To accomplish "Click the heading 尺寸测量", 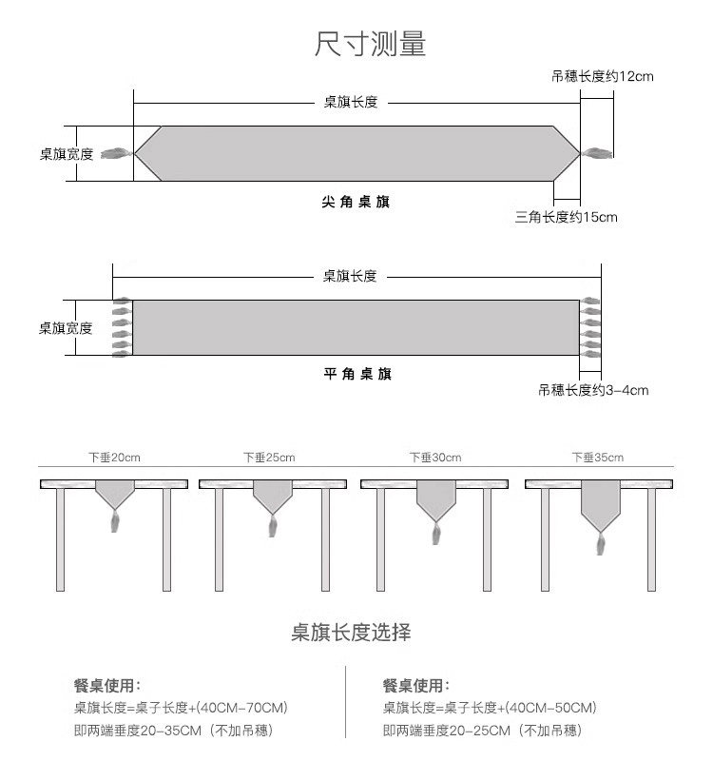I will click(370, 44).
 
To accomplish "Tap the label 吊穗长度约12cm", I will click(602, 76).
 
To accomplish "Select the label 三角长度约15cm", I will click(566, 217).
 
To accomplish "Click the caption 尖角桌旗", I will click(356, 202).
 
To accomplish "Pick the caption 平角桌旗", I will click(356, 374).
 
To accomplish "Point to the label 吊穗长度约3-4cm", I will click(593, 390).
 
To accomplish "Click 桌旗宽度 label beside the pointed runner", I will click(67, 153).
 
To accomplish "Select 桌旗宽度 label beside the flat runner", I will click(66, 328).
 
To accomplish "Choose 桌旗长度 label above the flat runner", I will click(350, 276).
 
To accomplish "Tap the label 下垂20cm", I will click(114, 458).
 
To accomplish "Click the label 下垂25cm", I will click(269, 458).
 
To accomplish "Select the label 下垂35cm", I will click(598, 458).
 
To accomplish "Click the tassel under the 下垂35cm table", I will click(600, 545).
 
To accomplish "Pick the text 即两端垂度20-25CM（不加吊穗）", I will click(482, 731).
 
